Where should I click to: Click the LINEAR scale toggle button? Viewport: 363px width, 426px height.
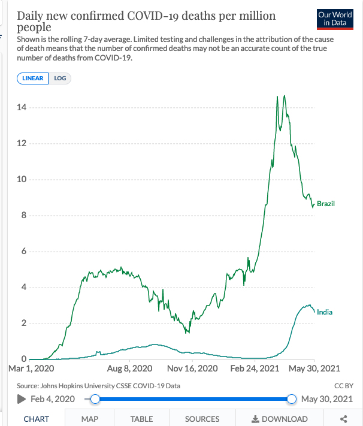pos(33,78)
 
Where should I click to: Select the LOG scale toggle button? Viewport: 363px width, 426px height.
pos(60,78)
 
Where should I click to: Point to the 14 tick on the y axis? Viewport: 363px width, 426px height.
pos(22,108)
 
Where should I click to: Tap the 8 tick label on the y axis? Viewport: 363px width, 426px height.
pos(23,216)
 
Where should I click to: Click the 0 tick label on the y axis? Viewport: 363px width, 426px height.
pos(23,359)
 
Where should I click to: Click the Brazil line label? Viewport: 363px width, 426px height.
pos(326,204)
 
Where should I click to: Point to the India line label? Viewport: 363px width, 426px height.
pos(325,312)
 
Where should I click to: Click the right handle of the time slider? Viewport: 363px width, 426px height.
pos(292,399)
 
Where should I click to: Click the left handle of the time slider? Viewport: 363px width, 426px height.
pos(94,399)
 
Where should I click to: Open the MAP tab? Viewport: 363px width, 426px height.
pos(90,419)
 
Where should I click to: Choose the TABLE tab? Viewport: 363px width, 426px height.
pos(142,419)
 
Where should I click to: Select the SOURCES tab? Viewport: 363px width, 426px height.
pos(202,419)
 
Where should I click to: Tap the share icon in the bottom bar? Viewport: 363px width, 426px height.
pos(344,419)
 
